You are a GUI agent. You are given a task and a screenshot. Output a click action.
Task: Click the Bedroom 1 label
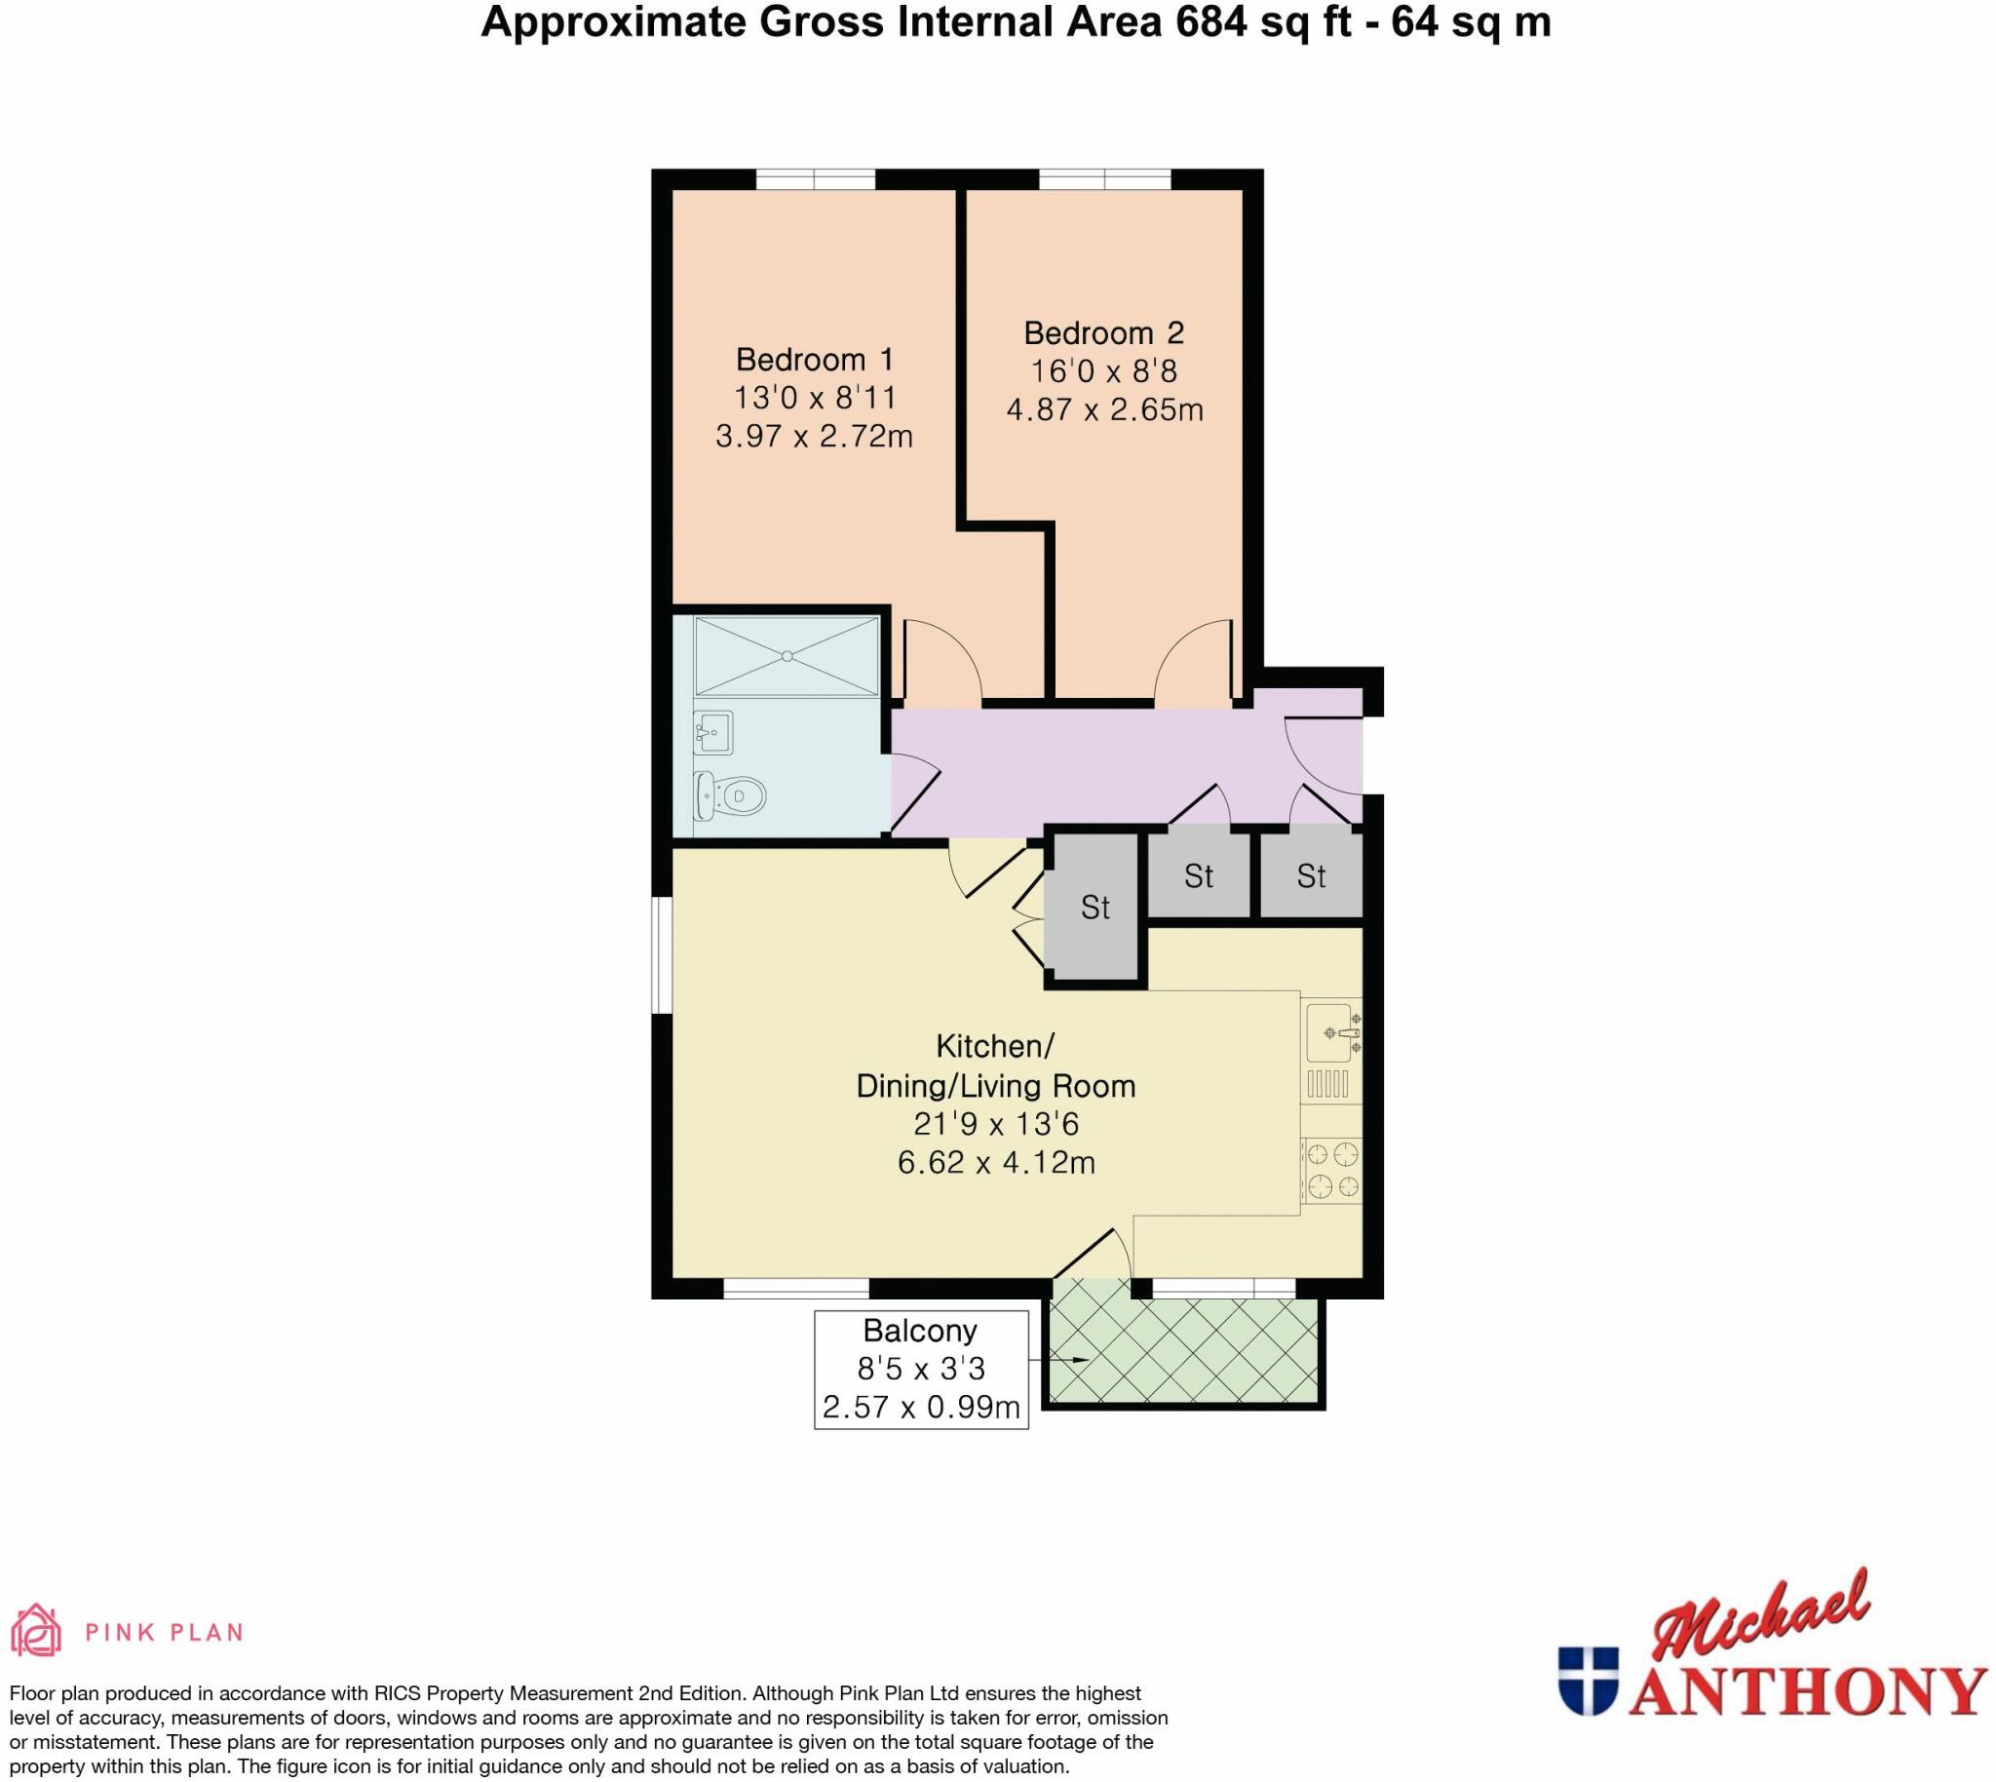click(814, 360)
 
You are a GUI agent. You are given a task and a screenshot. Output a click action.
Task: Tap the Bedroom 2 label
click(1103, 332)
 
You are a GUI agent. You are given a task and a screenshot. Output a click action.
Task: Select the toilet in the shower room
click(730, 796)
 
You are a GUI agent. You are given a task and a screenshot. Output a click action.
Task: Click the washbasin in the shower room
click(713, 731)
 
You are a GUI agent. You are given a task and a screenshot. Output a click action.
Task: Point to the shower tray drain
click(787, 656)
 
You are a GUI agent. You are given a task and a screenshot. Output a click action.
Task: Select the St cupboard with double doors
click(1094, 908)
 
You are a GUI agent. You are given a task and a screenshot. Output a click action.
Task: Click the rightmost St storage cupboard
click(1311, 875)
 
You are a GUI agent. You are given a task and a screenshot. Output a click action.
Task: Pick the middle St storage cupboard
click(1198, 875)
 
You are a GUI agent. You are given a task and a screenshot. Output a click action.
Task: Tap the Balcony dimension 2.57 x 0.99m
click(920, 1408)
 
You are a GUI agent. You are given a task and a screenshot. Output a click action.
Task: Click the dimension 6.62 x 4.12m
click(995, 1163)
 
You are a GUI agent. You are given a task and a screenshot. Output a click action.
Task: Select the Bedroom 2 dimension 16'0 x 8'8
click(1103, 371)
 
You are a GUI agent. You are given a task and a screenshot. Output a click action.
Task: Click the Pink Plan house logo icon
click(35, 1630)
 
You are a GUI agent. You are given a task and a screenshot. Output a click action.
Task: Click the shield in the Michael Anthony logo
click(1588, 1682)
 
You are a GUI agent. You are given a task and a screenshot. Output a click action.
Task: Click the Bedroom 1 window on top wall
click(815, 179)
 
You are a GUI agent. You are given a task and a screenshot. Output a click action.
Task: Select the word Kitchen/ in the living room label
click(994, 1046)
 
